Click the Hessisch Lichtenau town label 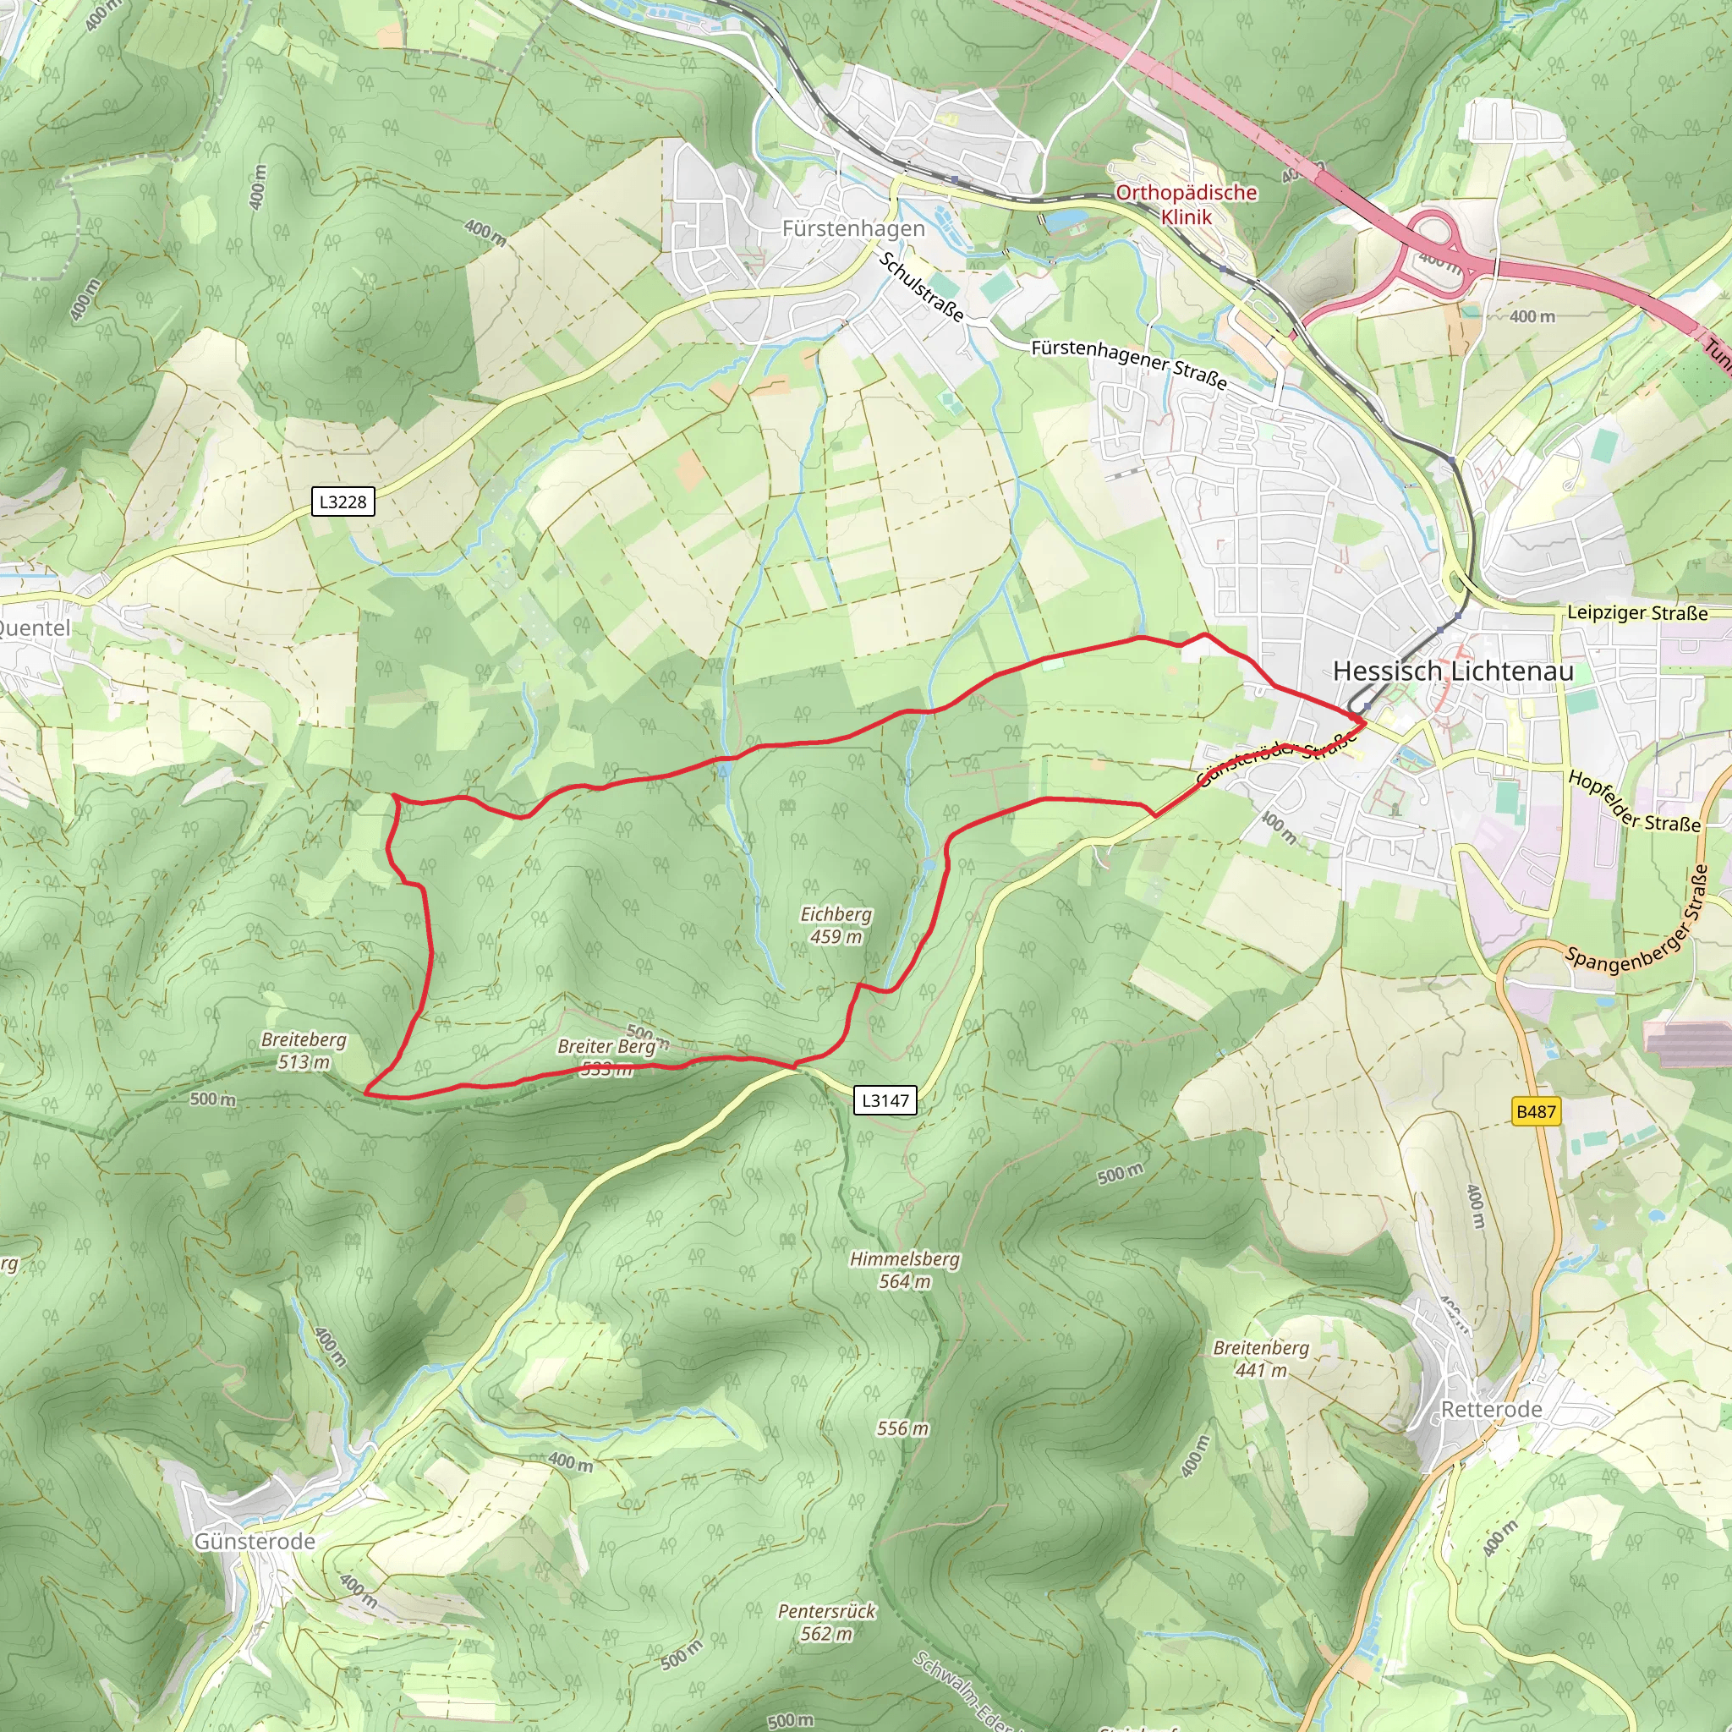pyautogui.click(x=1452, y=671)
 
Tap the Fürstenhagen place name pyautogui.click(x=852, y=228)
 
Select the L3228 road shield pyautogui.click(x=343, y=502)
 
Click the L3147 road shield pyautogui.click(x=885, y=1100)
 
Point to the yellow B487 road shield pyautogui.click(x=1535, y=1111)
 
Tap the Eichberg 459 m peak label pyautogui.click(x=836, y=925)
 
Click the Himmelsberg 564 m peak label pyautogui.click(x=905, y=1270)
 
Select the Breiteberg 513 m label pyautogui.click(x=303, y=1050)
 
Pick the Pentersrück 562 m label pyautogui.click(x=825, y=1622)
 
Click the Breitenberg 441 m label pyautogui.click(x=1260, y=1359)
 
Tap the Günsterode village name pyautogui.click(x=255, y=1541)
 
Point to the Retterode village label pyautogui.click(x=1491, y=1410)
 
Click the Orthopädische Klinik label pyautogui.click(x=1186, y=205)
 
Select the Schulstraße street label pyautogui.click(x=922, y=287)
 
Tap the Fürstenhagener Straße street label pyautogui.click(x=1129, y=363)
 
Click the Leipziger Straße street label pyautogui.click(x=1637, y=613)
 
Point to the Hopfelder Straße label pyautogui.click(x=1633, y=802)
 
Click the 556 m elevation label pyautogui.click(x=902, y=1428)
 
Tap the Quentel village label pyautogui.click(x=34, y=628)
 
